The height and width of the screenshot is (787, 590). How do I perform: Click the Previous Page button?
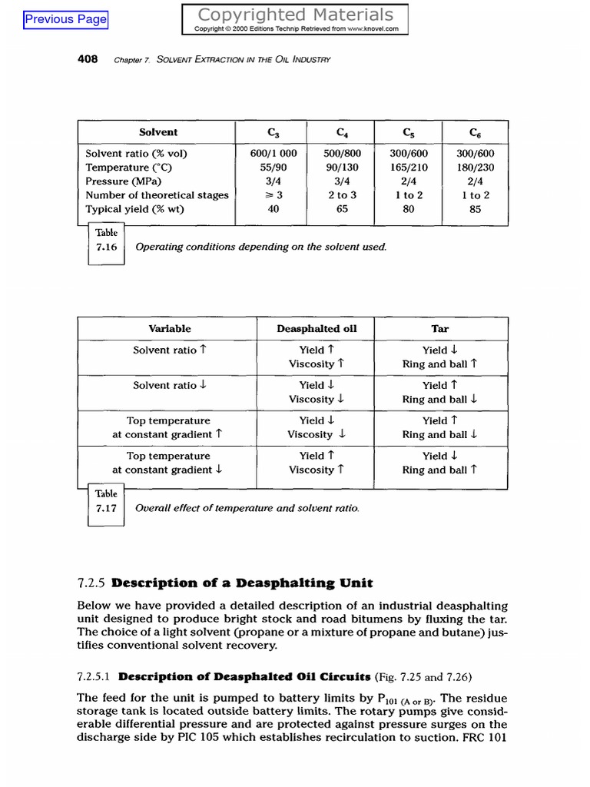click(x=66, y=19)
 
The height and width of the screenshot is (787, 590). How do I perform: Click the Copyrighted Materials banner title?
click(x=295, y=15)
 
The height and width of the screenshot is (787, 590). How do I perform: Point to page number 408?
click(x=88, y=59)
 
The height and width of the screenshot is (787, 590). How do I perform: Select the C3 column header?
click(x=273, y=132)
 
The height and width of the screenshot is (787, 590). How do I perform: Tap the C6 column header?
click(x=475, y=132)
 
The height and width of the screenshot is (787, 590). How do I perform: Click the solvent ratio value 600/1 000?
click(x=273, y=153)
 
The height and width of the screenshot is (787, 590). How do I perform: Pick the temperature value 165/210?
click(x=409, y=167)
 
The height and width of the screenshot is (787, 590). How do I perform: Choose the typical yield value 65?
click(x=342, y=208)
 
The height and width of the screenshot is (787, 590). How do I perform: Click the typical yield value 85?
click(x=475, y=208)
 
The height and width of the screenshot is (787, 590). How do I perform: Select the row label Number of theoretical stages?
click(x=157, y=194)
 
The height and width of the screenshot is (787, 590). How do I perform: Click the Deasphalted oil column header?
click(x=317, y=328)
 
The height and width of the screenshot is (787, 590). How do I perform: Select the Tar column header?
click(x=439, y=328)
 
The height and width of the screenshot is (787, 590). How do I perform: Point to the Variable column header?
click(x=170, y=328)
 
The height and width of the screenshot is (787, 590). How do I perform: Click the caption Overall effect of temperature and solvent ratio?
click(x=247, y=508)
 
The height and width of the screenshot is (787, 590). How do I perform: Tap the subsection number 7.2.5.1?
click(x=94, y=677)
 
